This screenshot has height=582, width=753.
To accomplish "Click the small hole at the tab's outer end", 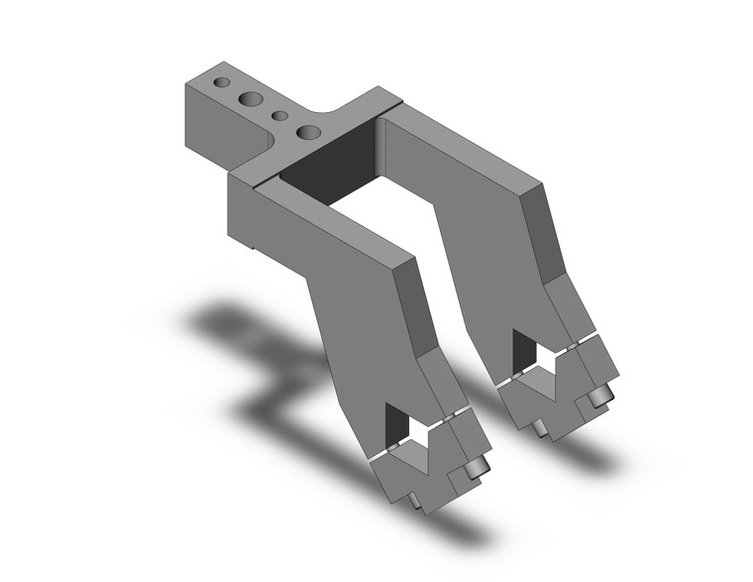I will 223,81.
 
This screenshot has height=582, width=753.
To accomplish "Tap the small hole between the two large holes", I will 280,116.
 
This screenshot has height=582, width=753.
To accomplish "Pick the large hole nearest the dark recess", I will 310,132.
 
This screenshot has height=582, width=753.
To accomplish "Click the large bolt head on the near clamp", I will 478,466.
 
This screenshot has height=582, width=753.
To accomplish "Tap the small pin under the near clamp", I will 416,503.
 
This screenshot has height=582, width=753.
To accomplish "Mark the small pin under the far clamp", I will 539,427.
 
